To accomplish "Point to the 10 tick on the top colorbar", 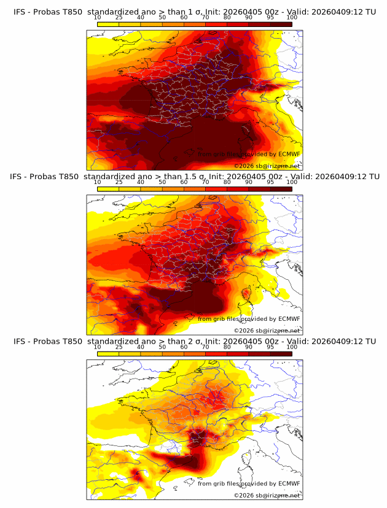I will tap(98, 18).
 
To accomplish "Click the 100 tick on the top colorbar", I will tap(292, 18).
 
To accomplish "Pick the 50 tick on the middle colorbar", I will tap(162, 182).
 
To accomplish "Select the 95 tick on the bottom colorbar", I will tap(270, 347).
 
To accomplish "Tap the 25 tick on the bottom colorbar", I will tap(119, 347).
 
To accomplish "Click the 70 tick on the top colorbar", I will tap(205, 18).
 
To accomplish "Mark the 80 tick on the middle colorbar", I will tap(227, 182).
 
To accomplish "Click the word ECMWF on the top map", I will tap(289, 154).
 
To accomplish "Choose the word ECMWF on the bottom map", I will tap(289, 483).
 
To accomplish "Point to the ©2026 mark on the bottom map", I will tap(244, 495).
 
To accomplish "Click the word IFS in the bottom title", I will tap(19, 341).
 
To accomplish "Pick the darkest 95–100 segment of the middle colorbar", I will tap(281, 188).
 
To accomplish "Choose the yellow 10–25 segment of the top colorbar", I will tap(108, 24).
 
